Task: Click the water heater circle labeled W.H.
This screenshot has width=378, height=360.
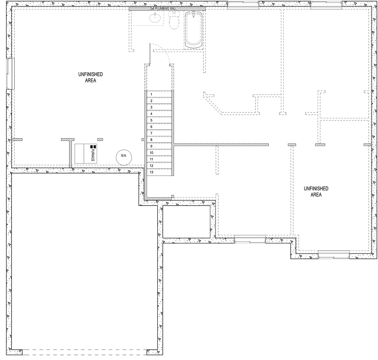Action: [x=124, y=157]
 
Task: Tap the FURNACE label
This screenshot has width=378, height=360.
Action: [x=93, y=155]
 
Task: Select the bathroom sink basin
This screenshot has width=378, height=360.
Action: [x=155, y=18]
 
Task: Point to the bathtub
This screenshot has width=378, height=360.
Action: [x=194, y=30]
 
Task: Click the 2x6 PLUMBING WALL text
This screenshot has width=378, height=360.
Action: [x=163, y=9]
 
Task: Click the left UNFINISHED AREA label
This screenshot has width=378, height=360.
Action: [x=90, y=77]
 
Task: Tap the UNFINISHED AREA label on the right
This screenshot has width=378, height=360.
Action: [x=316, y=191]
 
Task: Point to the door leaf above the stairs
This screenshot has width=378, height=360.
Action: [x=150, y=54]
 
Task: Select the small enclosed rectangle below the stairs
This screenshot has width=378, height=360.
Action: [x=186, y=222]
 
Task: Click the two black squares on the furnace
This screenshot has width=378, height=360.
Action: [x=93, y=147]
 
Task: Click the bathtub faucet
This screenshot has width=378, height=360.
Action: [x=194, y=14]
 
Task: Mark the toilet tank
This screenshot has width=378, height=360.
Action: [x=174, y=14]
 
